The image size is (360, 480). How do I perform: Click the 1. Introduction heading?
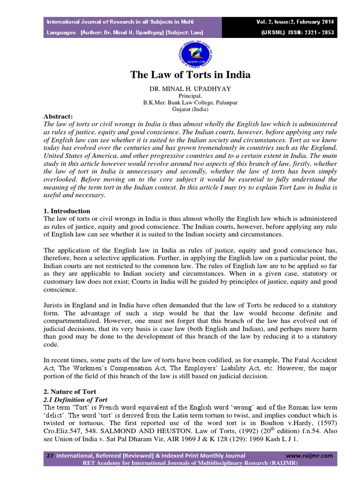click(67, 211)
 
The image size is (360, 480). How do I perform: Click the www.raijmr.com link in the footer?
click(309, 455)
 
